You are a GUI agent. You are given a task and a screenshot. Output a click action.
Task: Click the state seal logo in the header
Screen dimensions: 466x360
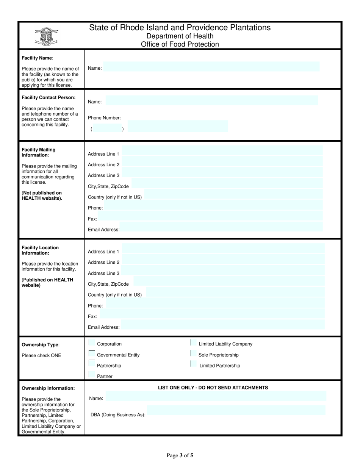pyautogui.click(x=46, y=37)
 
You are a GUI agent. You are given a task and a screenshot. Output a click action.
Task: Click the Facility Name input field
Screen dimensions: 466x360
pyautogui.click(x=211, y=67)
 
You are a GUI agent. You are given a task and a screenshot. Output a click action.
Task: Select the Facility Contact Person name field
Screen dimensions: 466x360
pyautogui.click(x=211, y=100)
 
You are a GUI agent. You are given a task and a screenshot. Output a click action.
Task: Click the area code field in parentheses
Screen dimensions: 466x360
pyautogui.click(x=107, y=128)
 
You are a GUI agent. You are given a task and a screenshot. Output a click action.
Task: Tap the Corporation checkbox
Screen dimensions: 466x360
pyautogui.click(x=91, y=343)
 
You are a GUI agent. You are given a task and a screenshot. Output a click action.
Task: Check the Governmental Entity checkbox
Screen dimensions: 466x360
pyautogui.click(x=91, y=353)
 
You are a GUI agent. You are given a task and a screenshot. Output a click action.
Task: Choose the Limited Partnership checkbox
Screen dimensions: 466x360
pyautogui.click(x=193, y=364)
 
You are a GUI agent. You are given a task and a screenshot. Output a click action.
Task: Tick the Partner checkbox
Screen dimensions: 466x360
pyautogui.click(x=91, y=375)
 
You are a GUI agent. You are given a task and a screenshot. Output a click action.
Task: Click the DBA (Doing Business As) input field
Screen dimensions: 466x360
pyautogui.click(x=236, y=410)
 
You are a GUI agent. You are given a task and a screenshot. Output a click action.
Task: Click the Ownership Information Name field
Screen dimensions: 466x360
pyautogui.click(x=216, y=396)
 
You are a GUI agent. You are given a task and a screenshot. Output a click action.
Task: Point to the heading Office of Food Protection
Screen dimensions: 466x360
pyautogui.click(x=180, y=44)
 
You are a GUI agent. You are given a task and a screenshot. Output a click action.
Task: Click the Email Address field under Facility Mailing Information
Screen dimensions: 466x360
pyautogui.click(x=221, y=227)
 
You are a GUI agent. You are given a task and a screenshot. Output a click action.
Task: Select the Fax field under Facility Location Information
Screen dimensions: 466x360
pyautogui.click(x=212, y=314)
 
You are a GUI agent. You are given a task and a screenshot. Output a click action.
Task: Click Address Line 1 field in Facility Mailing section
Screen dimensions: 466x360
pyautogui.click(x=222, y=151)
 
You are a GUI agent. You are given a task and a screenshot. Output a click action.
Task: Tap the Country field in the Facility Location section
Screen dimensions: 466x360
pyautogui.click(x=235, y=292)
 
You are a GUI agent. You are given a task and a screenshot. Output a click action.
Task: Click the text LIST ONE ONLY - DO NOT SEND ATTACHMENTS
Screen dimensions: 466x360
pyautogui.click(x=213, y=388)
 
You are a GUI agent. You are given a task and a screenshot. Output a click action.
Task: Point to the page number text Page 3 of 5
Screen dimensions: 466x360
pyautogui.click(x=180, y=455)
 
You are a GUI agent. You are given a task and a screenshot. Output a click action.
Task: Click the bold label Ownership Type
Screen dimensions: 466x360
pyautogui.click(x=40, y=345)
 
